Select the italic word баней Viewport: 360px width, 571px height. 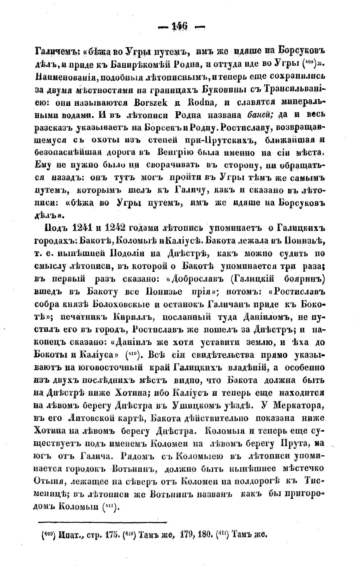[x=260, y=114]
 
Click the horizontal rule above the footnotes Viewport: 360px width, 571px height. [x=103, y=523]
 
